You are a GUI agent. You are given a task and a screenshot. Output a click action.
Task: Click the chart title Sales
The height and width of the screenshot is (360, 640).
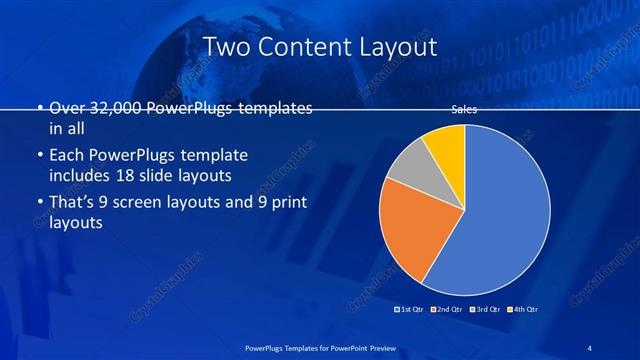464,111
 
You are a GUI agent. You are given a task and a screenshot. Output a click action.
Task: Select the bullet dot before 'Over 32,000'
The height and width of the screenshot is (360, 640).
39,108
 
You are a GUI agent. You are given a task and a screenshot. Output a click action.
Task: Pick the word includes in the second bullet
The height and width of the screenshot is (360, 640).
80,176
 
